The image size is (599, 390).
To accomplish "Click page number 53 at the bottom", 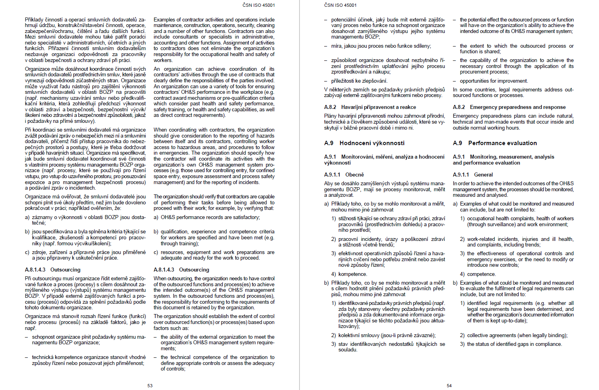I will (x=150, y=386).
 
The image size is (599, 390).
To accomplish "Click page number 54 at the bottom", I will (x=449, y=386).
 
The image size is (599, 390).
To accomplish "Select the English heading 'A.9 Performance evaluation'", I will (x=495, y=143).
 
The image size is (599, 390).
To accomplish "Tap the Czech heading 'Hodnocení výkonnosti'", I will (x=371, y=143).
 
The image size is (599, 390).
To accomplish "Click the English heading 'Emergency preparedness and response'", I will (x=517, y=107).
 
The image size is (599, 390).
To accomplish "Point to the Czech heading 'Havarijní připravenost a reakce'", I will (x=378, y=107).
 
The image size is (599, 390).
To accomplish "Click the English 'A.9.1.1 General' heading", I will (x=473, y=175).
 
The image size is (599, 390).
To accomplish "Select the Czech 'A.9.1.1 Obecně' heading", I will (x=344, y=175).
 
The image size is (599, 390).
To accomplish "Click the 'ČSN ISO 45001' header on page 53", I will (x=259, y=5).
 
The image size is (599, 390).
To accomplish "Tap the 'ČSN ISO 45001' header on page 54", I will (x=340, y=5).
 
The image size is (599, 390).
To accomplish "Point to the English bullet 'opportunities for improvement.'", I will (x=494, y=81).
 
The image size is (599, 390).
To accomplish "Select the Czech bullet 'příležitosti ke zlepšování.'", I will (x=359, y=81).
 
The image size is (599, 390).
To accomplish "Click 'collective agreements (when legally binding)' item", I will (x=517, y=336).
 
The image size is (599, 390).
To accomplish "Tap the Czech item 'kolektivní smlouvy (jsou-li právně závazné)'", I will (x=387, y=336).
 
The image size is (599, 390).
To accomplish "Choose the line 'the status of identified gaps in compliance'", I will (x=514, y=344).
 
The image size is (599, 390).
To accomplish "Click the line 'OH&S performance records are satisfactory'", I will (x=210, y=217).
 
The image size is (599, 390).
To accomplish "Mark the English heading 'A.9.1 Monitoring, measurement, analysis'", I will (x=504, y=157).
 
